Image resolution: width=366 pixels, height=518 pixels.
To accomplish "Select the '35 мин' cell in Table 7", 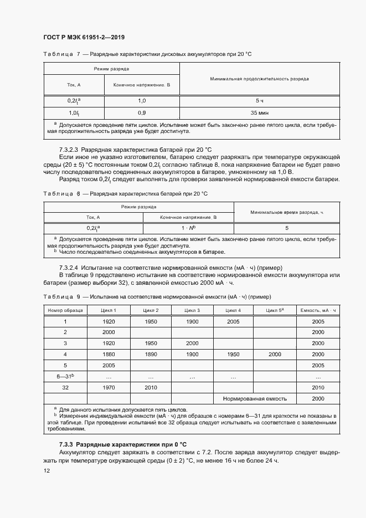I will (259, 112).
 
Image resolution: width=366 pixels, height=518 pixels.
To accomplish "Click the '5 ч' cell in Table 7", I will (259, 101).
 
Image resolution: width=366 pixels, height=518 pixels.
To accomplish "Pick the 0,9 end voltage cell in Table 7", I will (142, 112).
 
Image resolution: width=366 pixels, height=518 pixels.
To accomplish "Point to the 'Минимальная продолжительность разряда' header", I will (259, 79).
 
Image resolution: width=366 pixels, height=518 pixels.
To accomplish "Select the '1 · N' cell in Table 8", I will (188, 228).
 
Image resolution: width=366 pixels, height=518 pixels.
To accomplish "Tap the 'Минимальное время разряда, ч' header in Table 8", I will (286, 212).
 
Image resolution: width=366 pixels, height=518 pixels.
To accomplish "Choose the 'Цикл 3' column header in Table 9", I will (192, 310).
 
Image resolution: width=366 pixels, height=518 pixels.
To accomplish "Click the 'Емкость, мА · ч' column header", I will (318, 310).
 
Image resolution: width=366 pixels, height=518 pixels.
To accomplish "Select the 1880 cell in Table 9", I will (109, 354).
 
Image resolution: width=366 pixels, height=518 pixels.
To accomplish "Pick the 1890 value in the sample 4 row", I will (150, 354).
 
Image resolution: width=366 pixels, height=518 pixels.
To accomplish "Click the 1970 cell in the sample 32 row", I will (109, 387).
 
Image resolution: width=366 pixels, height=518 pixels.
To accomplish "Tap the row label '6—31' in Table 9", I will (65, 376).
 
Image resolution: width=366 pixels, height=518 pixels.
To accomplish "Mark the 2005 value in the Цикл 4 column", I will (233, 321).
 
